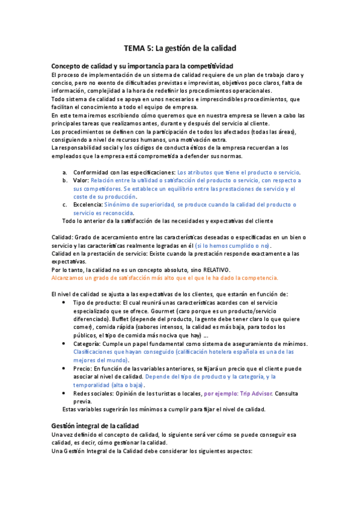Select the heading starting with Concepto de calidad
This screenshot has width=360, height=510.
[x=142, y=66]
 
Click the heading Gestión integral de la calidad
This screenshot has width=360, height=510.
[x=96, y=425]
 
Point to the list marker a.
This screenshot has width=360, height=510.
[x=64, y=172]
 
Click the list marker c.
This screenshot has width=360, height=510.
[x=64, y=204]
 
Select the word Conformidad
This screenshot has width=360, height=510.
[x=90, y=172]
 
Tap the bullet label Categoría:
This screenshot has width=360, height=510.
[x=90, y=343]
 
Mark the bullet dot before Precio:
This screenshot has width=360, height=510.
[x=64, y=368]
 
